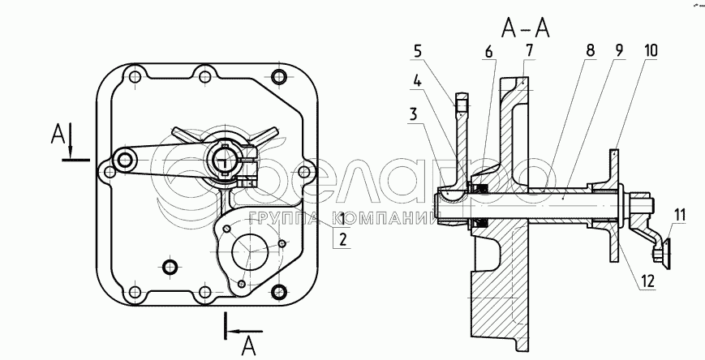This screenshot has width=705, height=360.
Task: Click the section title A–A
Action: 526,29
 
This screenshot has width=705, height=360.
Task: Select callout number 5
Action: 418,52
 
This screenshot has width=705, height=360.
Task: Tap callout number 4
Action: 418,82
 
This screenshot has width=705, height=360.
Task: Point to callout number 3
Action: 413,114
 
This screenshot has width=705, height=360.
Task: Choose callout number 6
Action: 488,52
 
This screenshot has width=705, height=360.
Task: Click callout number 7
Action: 529,50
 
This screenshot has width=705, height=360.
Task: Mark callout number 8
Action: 591,50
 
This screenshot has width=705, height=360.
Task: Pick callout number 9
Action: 619,50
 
